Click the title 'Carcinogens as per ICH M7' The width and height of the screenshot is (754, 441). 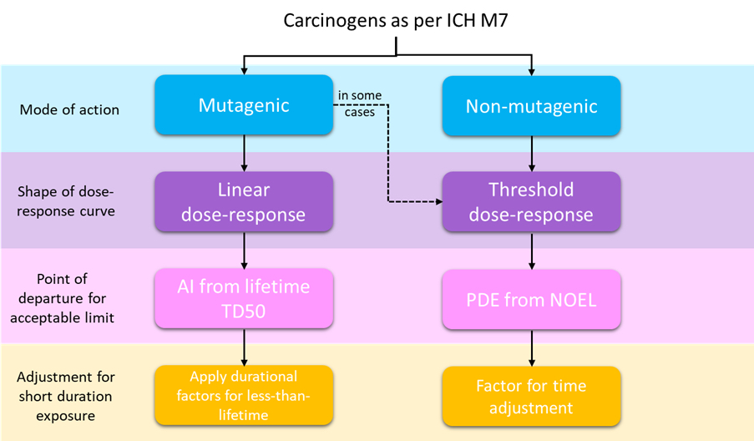pyautogui.click(x=395, y=21)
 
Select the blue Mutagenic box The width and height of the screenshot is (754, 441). pyautogui.click(x=244, y=105)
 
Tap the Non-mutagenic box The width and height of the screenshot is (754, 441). pyautogui.click(x=531, y=106)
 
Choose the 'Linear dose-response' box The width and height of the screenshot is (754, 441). pyautogui.click(x=244, y=201)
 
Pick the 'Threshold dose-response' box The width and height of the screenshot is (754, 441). pyautogui.click(x=531, y=202)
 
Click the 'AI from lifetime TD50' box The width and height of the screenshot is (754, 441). pyautogui.click(x=244, y=299)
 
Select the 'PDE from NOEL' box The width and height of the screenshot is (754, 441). pyautogui.click(x=531, y=300)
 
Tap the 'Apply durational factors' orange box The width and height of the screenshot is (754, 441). pyautogui.click(x=244, y=395)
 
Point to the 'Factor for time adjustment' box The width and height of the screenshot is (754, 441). pyautogui.click(x=531, y=396)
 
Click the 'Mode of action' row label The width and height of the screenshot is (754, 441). pyautogui.click(x=69, y=109)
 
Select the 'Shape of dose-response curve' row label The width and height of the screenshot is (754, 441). pyautogui.click(x=66, y=201)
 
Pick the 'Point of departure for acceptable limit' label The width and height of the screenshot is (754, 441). pyautogui.click(x=62, y=298)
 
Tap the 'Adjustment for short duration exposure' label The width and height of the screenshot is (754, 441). pyautogui.click(x=66, y=396)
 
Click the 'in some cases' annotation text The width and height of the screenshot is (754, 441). pyautogui.click(x=360, y=104)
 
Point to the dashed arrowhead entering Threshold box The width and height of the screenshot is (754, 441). pyautogui.click(x=439, y=201)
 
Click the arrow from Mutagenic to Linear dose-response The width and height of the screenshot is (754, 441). pyautogui.click(x=245, y=153)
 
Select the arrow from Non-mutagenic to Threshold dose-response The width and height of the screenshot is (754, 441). pyautogui.click(x=531, y=154)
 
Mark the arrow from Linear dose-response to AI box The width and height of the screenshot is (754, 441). pyautogui.click(x=245, y=250)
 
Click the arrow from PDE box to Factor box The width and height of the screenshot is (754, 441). pyautogui.click(x=531, y=347)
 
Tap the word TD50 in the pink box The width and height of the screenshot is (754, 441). pyautogui.click(x=243, y=312)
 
